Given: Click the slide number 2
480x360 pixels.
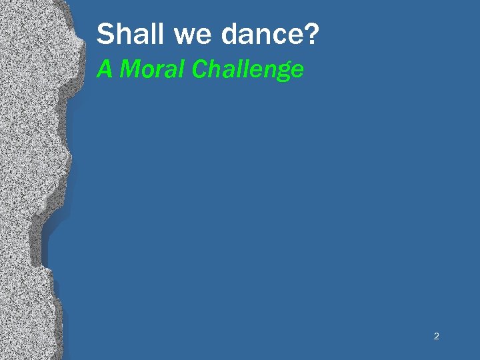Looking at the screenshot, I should (436, 336).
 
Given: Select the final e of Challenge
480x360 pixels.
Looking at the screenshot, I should (297, 71).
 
